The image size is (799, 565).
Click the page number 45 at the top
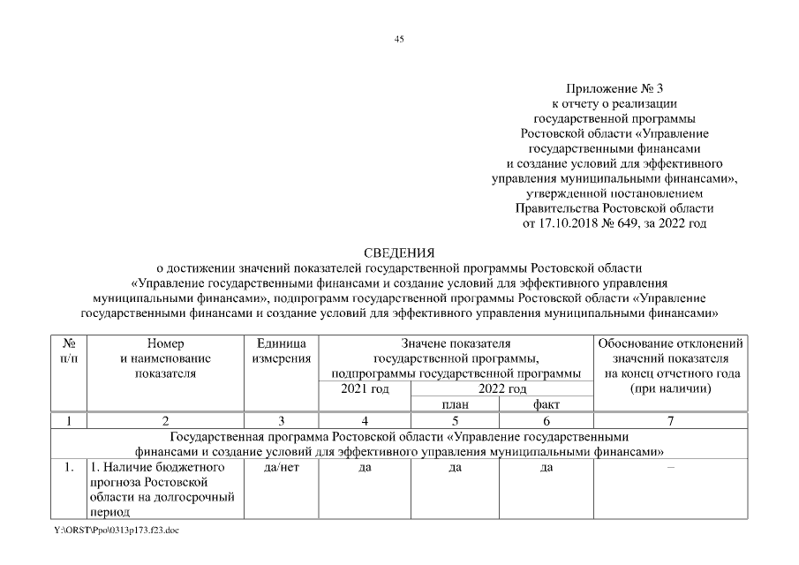[x=399, y=39]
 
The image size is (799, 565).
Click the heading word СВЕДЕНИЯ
[x=399, y=252]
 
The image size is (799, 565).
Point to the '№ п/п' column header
[x=69, y=350]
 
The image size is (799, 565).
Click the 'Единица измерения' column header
[x=281, y=350]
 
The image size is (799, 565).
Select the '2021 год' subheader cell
[x=364, y=388]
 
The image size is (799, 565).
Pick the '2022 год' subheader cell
[x=501, y=388]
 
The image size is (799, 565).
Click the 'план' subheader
[x=455, y=403]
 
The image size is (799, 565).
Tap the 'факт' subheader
[x=546, y=403]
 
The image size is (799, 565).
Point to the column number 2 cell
[x=165, y=421]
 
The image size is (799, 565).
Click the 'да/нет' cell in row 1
[x=281, y=467]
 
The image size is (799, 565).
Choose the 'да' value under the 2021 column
[x=364, y=467]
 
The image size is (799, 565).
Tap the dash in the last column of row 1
[x=671, y=467]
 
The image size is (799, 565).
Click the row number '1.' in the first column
[x=69, y=467]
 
